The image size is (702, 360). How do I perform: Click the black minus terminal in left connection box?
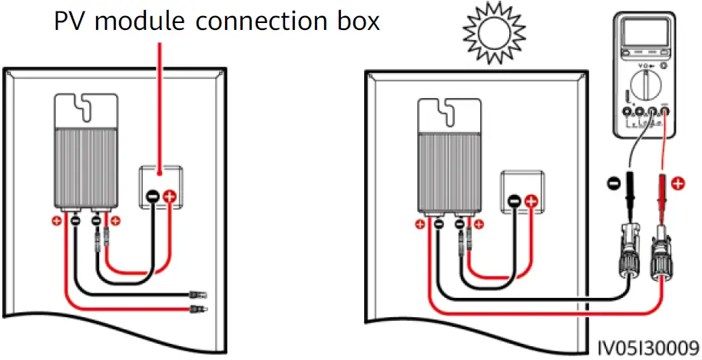click(153, 197)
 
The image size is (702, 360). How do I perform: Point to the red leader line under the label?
click(160, 100)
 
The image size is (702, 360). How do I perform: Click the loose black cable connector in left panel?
click(199, 293)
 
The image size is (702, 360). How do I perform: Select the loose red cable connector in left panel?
click(199, 309)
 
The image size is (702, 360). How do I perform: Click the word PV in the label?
click(73, 21)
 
